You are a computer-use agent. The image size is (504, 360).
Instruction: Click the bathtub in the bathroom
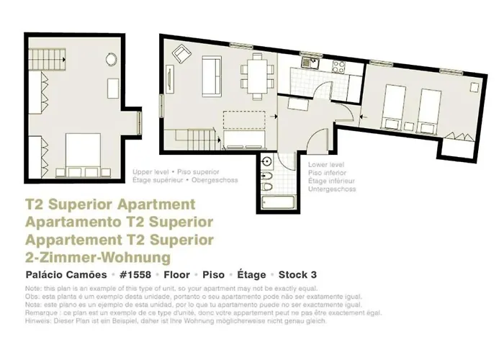point(269,196)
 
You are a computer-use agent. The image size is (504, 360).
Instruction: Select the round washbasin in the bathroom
point(268,161)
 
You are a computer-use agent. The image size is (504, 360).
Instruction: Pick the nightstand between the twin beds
point(410,94)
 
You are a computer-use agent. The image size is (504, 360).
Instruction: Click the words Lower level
point(323,165)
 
